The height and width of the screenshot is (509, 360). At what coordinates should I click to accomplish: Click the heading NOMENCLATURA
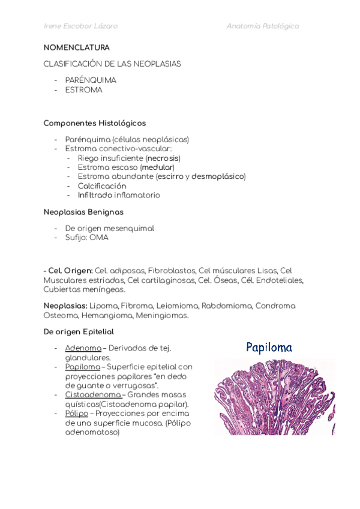pyautogui.click(x=76, y=47)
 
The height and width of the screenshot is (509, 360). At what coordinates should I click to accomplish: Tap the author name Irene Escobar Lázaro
pyautogui.click(x=80, y=26)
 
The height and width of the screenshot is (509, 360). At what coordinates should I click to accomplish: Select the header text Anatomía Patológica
pyautogui.click(x=262, y=26)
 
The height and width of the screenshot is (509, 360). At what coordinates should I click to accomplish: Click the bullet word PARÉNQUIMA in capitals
pyautogui.click(x=91, y=80)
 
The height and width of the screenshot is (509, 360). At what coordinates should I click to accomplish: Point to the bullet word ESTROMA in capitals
pyautogui.click(x=83, y=90)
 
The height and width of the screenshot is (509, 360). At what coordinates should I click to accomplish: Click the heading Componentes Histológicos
pyautogui.click(x=94, y=123)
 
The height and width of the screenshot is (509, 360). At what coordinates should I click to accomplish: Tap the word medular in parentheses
pyautogui.click(x=157, y=167)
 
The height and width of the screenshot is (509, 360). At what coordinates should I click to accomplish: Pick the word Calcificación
pyautogui.click(x=102, y=186)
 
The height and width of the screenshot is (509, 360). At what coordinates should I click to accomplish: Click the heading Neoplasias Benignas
pyautogui.click(x=83, y=212)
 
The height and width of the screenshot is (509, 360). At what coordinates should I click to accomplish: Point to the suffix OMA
pyautogui.click(x=99, y=237)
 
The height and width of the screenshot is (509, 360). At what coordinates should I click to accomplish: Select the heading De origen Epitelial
pyautogui.click(x=79, y=331)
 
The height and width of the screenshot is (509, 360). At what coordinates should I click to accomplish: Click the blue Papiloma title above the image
pyautogui.click(x=269, y=347)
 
